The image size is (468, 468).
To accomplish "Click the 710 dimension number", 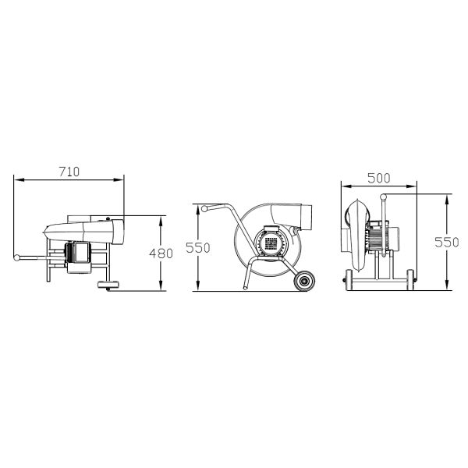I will click(69, 172).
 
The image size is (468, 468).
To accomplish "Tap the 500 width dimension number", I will click(378, 178).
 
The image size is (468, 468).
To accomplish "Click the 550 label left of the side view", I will click(199, 247).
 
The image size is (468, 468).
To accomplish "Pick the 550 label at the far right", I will click(447, 242).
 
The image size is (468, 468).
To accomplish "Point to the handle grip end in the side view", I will click(204, 209).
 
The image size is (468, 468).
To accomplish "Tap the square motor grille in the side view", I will click(271, 243).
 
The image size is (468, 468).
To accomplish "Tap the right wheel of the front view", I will click(410, 279).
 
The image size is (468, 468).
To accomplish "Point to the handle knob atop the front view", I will click(383, 199).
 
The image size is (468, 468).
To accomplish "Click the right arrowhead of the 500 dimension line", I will click(416, 186).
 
